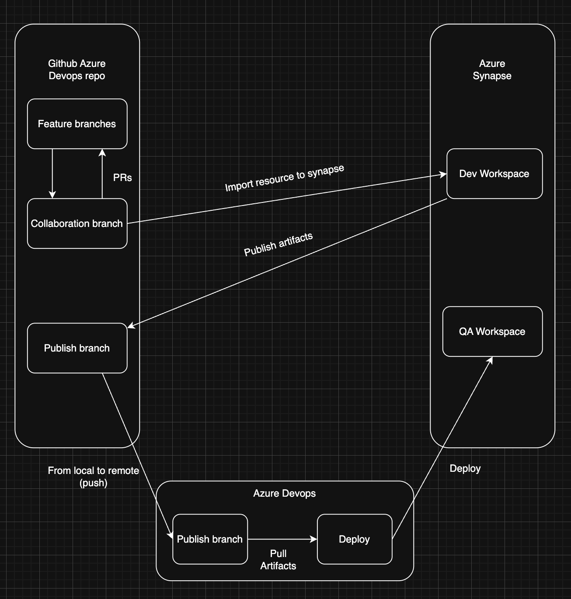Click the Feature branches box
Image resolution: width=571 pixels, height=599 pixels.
tap(77, 124)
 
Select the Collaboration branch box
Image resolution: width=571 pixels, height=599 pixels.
tap(77, 223)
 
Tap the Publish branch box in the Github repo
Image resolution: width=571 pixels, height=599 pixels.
tap(77, 348)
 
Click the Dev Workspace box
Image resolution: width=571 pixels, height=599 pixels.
tap(494, 174)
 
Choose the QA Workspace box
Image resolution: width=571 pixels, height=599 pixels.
tap(492, 331)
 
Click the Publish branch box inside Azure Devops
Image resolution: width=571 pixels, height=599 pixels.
tap(210, 539)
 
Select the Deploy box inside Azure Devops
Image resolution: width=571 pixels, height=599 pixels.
tap(354, 539)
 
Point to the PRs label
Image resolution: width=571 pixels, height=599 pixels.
tap(122, 178)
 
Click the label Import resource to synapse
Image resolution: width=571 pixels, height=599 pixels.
tap(285, 178)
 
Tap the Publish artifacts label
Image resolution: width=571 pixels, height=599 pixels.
tap(279, 244)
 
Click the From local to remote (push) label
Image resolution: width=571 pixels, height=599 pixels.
tap(93, 477)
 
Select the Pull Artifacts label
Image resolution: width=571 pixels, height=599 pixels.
tap(278, 560)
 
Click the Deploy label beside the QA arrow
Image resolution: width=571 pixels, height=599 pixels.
tap(465, 468)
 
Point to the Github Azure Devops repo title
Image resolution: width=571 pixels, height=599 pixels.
tap(77, 70)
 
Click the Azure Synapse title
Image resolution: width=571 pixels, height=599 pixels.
tap(492, 70)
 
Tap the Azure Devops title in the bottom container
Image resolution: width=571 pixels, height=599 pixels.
tap(284, 493)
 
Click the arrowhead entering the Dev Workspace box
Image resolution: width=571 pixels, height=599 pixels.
tap(443, 174)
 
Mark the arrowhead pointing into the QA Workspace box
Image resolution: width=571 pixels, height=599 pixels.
tap(491, 360)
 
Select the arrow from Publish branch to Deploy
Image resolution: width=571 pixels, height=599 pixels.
tap(282, 539)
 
